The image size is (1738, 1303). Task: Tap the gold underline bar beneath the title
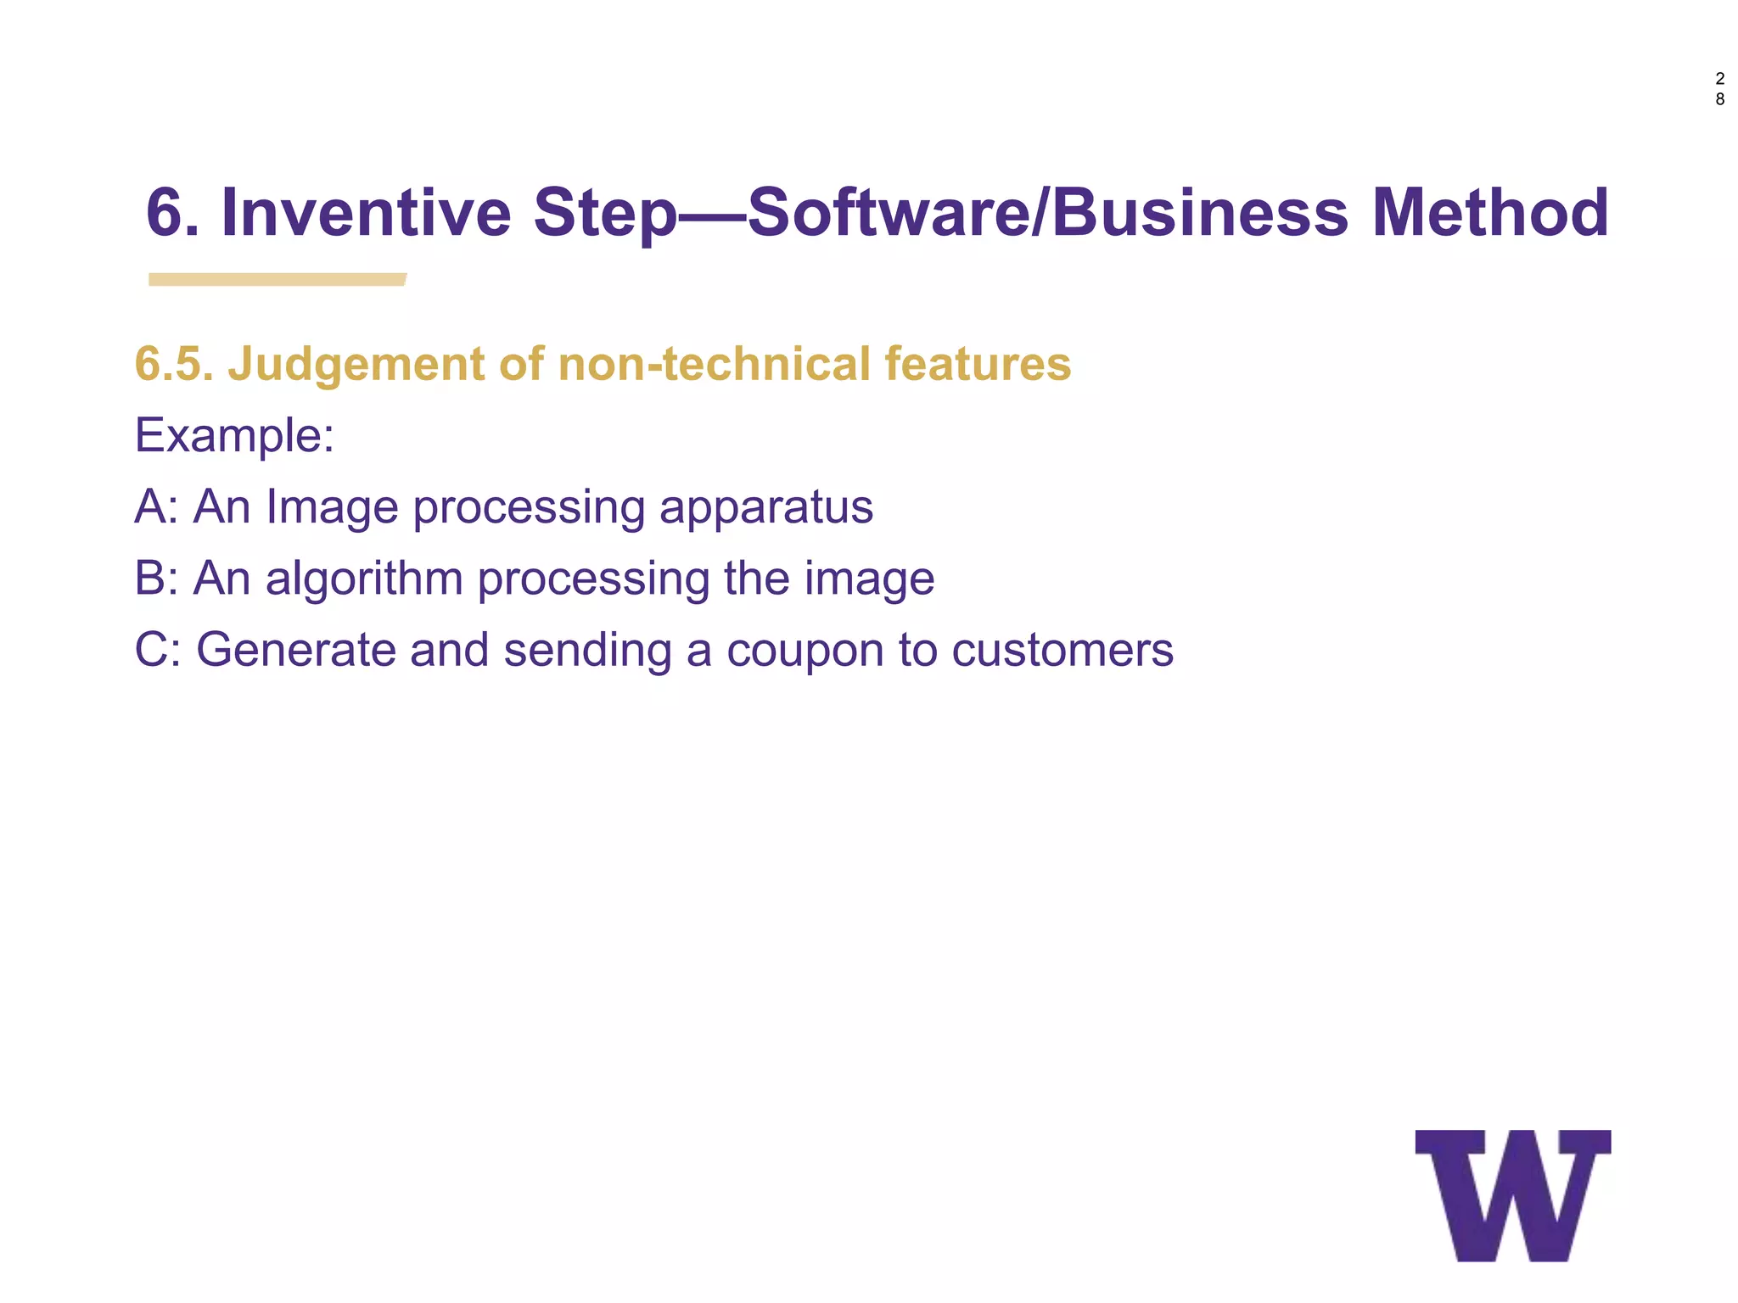click(x=277, y=279)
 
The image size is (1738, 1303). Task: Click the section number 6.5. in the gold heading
click(x=174, y=364)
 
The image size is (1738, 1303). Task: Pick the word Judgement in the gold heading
click(x=356, y=364)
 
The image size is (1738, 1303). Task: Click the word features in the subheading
click(x=978, y=364)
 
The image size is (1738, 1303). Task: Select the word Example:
click(x=234, y=436)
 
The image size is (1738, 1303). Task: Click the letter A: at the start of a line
click(x=156, y=507)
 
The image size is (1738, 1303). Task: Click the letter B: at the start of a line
click(x=156, y=579)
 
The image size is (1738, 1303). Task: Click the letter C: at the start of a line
click(x=158, y=650)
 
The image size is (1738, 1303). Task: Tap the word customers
click(x=1062, y=650)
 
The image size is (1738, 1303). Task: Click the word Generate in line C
click(x=295, y=650)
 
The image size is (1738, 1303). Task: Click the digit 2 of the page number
click(x=1719, y=79)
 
